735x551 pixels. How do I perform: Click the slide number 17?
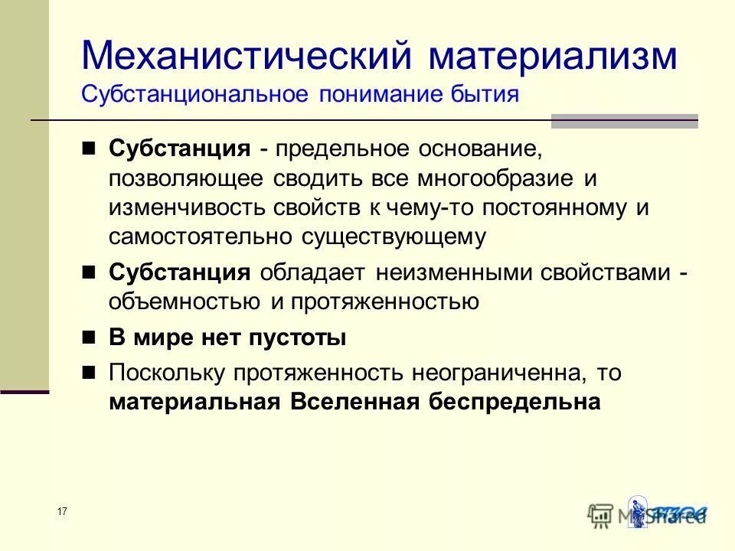coord(62,511)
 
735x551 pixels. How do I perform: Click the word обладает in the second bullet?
coord(313,272)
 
